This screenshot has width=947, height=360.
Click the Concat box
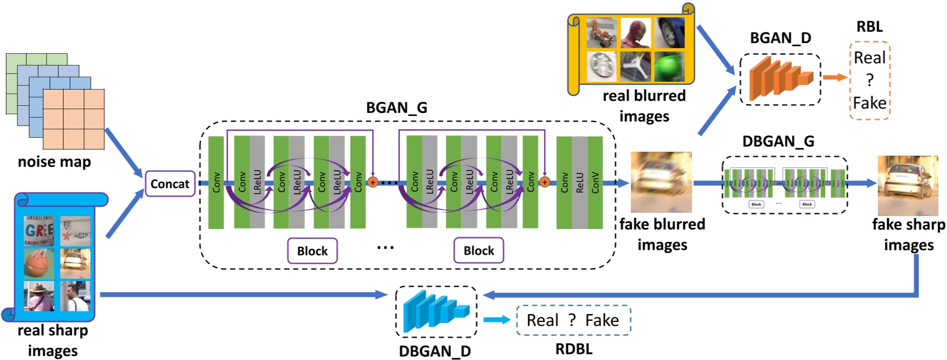coord(170,184)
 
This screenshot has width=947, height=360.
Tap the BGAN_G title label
coord(396,107)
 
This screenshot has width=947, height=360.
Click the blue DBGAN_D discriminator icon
coord(436,311)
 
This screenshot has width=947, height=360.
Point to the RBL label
coord(869,26)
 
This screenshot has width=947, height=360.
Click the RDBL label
coord(573,349)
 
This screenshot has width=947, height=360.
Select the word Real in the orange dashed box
coord(869,58)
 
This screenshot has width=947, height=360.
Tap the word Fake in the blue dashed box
coord(601,320)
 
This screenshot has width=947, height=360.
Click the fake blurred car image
coord(661,181)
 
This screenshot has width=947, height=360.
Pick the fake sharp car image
coord(907,185)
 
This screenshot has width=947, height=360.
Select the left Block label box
coord(312,251)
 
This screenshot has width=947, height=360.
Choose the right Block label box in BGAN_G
coord(479,251)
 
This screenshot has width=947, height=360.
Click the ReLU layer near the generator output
coord(580,183)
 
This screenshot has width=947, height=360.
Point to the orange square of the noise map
coord(73,119)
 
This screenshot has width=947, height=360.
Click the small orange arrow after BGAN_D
coord(834,78)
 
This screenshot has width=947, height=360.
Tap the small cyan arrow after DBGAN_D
coord(496,320)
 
